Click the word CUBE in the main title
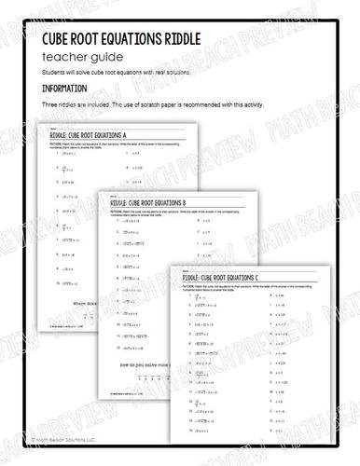(x=62, y=39)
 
